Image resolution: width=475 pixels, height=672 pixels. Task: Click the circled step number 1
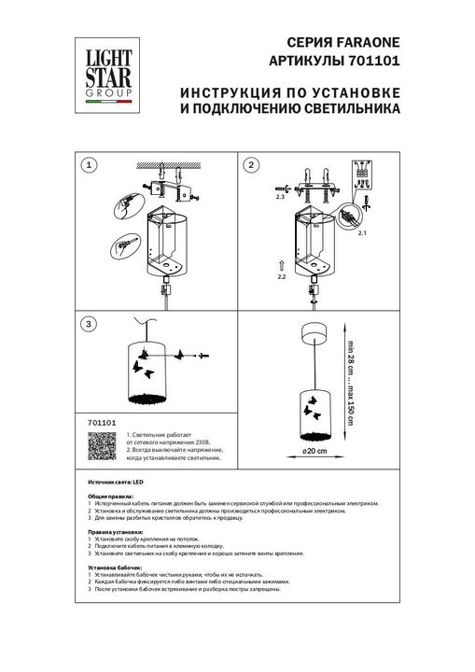(89, 165)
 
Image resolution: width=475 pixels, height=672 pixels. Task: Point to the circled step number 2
(250, 165)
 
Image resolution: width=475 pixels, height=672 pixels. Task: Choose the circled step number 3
(89, 324)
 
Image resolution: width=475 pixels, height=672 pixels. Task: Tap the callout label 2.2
(281, 278)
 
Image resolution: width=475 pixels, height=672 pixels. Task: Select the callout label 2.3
(279, 198)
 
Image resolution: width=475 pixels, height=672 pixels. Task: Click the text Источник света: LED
(109, 480)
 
